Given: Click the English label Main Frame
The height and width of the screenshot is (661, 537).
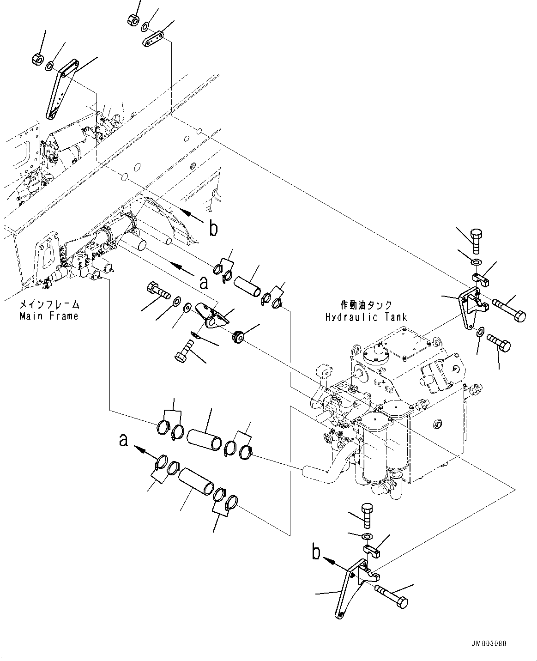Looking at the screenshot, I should point(48,316).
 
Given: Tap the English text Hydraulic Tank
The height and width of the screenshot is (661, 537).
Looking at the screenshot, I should point(366,317).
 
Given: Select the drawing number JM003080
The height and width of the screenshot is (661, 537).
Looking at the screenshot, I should point(492,644).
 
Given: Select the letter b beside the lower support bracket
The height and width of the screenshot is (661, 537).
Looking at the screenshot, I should point(316,552).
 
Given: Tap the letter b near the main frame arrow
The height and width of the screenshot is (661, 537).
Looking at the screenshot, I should point(213,228).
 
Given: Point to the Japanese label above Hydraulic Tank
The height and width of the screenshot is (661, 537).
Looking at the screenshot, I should point(366,305).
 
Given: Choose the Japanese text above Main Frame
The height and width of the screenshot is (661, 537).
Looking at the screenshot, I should point(48,305).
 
